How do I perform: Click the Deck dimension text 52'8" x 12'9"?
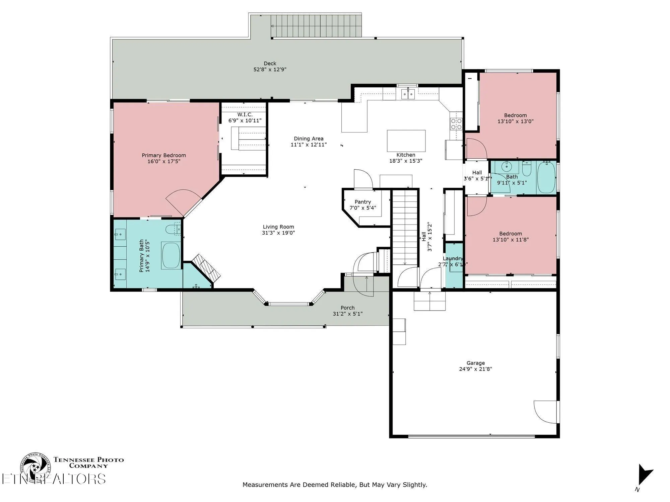(270, 70)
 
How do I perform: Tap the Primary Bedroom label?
(164, 155)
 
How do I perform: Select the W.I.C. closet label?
(245, 114)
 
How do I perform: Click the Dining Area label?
(309, 139)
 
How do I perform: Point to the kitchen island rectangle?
(406, 141)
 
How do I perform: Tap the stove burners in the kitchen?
(456, 124)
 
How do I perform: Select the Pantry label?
(363, 202)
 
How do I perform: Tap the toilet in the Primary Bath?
(173, 229)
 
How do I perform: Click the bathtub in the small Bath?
(546, 177)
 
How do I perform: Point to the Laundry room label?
(453, 258)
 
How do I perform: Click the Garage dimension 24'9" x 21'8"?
(475, 369)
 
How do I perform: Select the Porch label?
(347, 308)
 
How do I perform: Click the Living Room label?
(278, 227)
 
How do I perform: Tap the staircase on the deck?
(316, 26)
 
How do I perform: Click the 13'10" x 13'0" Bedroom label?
(515, 115)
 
